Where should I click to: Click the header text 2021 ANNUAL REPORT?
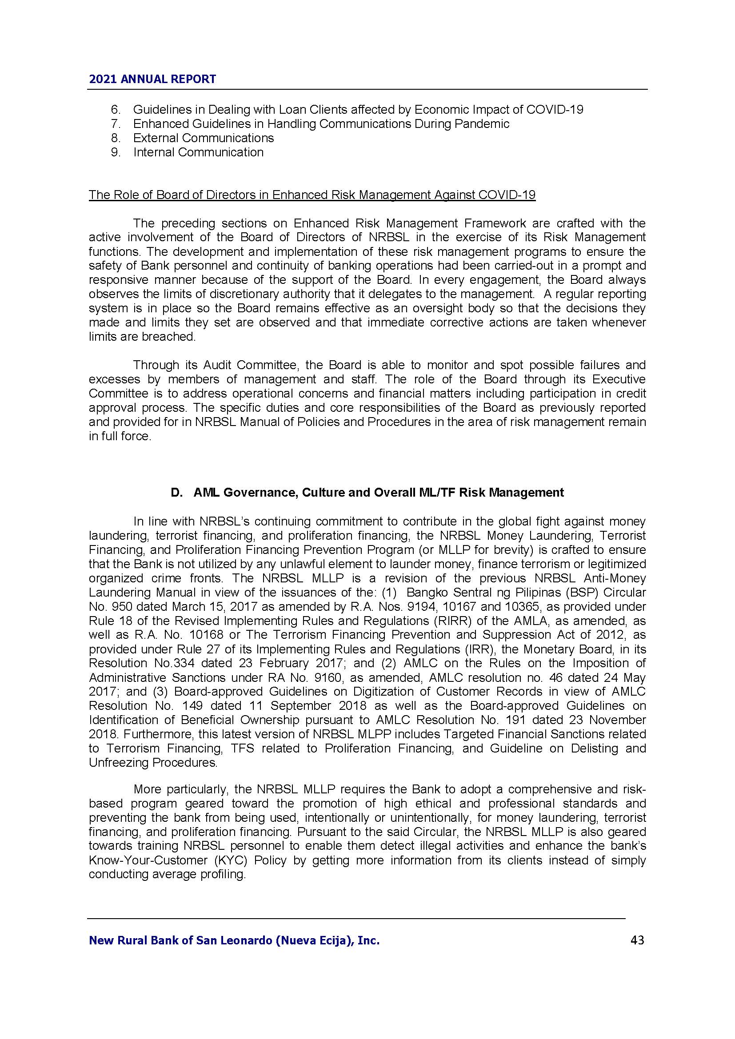point(152,79)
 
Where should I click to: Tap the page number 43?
point(637,941)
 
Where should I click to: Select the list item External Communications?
point(203,138)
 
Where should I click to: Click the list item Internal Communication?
point(198,152)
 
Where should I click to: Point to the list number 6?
point(116,110)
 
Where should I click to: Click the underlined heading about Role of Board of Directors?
point(312,195)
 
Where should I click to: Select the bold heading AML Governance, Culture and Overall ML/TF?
point(378,493)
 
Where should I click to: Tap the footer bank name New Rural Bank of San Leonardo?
point(234,941)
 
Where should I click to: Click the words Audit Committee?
point(250,365)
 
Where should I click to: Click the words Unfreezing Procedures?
point(152,763)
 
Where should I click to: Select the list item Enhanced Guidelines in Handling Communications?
point(321,124)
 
